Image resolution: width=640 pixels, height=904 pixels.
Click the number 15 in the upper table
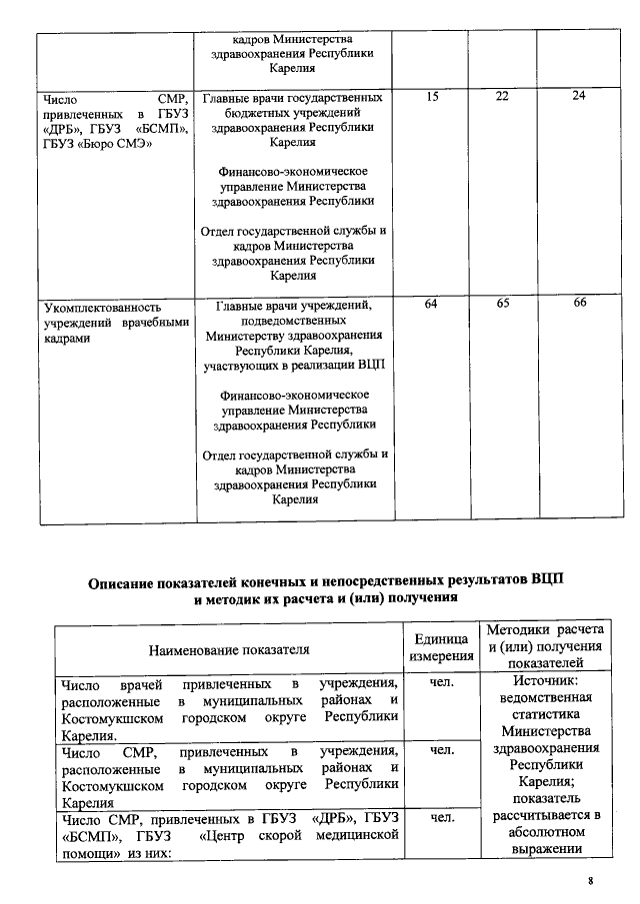coord(432,96)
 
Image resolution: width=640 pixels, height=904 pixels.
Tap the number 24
coord(579,96)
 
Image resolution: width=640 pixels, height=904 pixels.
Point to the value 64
coord(432,304)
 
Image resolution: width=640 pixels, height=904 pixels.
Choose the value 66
coord(579,304)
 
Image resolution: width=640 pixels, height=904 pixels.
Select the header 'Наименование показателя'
coord(229,650)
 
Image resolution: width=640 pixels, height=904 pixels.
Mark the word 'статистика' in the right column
coord(544,719)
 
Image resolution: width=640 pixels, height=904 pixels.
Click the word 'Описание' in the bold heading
coord(124,582)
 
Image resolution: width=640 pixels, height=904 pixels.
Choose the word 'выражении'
coord(544,849)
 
